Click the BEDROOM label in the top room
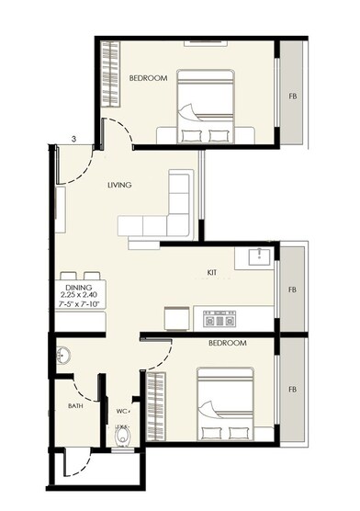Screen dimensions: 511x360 point(148,79)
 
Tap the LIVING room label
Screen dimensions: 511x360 point(119,185)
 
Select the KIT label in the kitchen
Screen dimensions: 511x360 point(211,273)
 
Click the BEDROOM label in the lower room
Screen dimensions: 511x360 point(227,343)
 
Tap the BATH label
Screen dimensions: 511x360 point(76,405)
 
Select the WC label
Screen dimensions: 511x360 point(121,410)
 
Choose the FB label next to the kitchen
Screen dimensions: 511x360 point(292,290)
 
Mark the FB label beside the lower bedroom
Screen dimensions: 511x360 point(292,388)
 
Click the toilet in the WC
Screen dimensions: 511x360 point(120,436)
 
